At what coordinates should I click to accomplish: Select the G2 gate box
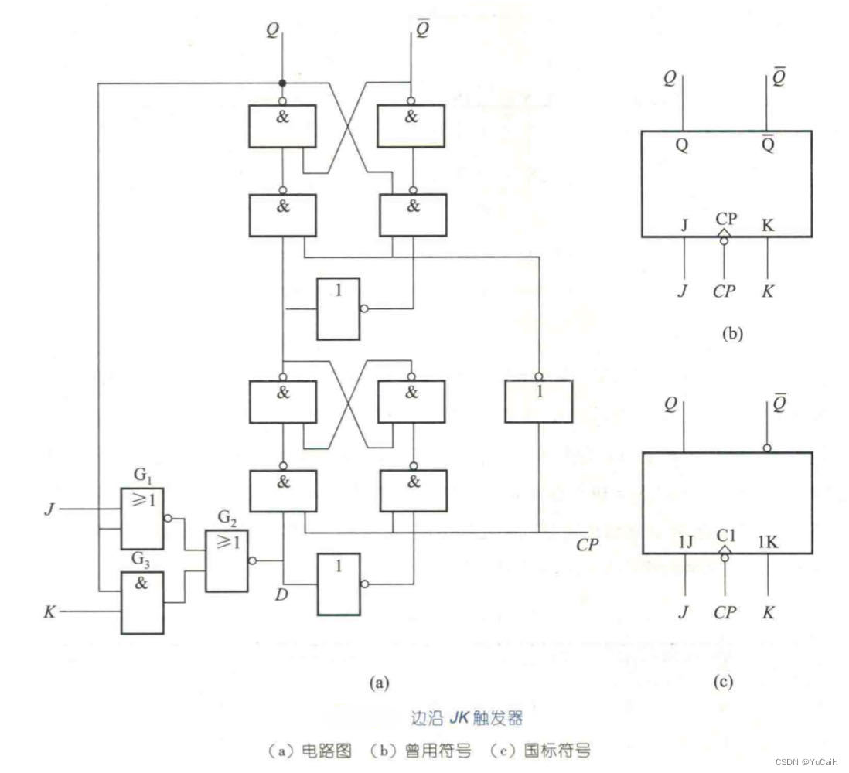point(227,560)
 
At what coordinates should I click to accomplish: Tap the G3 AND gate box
point(141,602)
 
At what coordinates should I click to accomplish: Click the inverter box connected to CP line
point(538,400)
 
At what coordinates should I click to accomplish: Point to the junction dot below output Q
point(283,83)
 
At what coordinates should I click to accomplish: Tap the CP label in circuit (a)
point(588,545)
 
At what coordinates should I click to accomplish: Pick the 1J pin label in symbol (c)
point(686,543)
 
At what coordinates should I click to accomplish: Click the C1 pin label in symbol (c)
point(725,533)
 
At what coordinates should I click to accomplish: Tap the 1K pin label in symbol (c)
point(767,543)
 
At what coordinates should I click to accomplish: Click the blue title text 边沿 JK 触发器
point(467,718)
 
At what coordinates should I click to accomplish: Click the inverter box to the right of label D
point(338,584)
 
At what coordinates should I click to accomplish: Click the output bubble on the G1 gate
point(168,519)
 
